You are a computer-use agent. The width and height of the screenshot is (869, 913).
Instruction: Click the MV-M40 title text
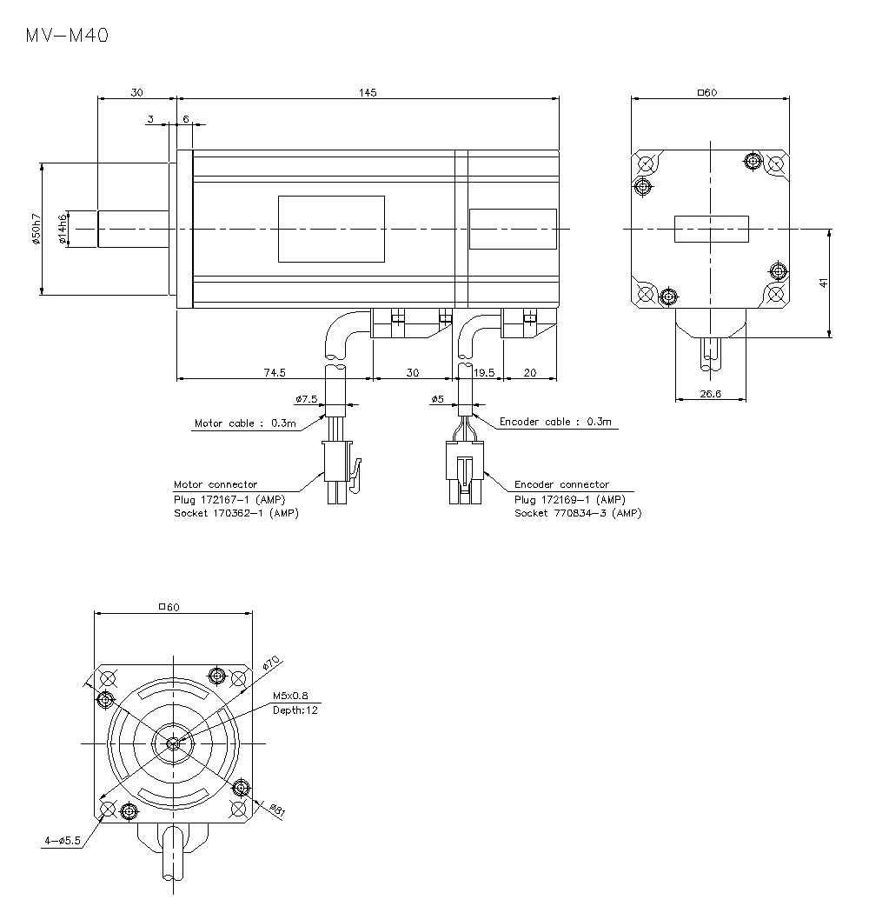click(x=67, y=36)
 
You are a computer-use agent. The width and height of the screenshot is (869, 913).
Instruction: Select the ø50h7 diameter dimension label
click(x=36, y=229)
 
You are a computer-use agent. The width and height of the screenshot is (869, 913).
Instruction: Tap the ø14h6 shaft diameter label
click(x=63, y=229)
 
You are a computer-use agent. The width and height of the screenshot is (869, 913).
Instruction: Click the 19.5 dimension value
click(x=484, y=372)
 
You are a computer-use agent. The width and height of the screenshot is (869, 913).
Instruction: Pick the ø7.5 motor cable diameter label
click(x=307, y=399)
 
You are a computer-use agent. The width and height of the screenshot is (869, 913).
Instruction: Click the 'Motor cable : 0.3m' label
click(x=245, y=423)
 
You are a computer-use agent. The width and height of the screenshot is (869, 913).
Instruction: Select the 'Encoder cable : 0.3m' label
click(x=555, y=422)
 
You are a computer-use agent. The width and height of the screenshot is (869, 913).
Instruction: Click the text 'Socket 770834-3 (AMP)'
click(x=578, y=513)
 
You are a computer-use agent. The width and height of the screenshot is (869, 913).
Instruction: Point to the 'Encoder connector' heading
click(x=561, y=484)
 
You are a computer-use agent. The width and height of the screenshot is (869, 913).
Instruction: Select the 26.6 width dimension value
click(x=711, y=393)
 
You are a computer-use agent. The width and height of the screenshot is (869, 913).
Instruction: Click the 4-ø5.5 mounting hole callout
click(x=62, y=841)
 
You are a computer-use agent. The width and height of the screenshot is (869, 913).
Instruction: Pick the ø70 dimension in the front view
click(x=271, y=663)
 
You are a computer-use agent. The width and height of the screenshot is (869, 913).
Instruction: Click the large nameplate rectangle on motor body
click(x=331, y=229)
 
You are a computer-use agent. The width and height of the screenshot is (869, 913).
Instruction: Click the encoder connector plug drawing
click(x=464, y=472)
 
